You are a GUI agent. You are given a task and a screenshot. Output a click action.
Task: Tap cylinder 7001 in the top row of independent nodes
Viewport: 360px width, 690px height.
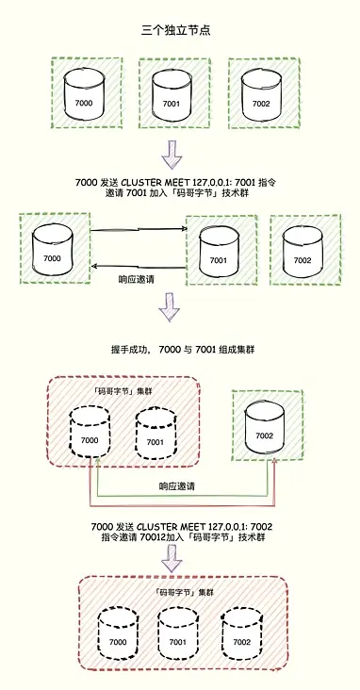pos(171,95)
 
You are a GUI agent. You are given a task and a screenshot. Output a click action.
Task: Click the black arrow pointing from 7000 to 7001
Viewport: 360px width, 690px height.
pos(139,228)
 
